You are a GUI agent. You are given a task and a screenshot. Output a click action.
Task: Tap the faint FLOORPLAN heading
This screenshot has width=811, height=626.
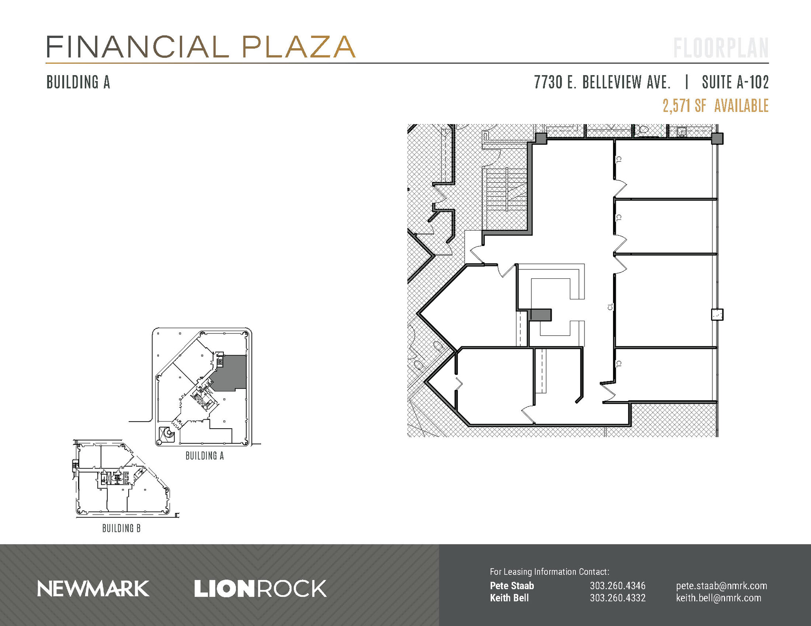[x=721, y=48]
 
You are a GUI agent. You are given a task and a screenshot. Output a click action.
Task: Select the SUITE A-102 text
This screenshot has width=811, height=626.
[x=735, y=82]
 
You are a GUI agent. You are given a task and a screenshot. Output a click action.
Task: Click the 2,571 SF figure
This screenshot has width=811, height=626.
[x=684, y=106]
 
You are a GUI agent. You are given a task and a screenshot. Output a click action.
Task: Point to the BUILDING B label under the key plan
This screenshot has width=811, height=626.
[x=121, y=528]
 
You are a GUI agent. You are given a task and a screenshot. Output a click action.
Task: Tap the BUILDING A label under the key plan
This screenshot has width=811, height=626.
[x=205, y=456]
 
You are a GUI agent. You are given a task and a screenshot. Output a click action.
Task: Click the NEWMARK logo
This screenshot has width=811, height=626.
[x=93, y=589]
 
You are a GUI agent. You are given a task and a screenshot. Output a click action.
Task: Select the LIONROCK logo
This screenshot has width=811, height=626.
[x=260, y=589]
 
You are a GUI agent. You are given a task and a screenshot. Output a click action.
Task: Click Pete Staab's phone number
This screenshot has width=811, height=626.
[x=617, y=586]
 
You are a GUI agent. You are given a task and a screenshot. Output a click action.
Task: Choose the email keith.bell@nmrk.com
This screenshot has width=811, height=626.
[x=718, y=598]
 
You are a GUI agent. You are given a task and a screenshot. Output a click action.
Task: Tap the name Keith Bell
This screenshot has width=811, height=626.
[x=509, y=598]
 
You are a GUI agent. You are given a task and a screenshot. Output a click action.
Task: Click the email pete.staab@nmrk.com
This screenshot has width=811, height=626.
[x=722, y=586]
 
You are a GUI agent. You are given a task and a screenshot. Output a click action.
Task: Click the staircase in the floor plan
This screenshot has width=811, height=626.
[x=506, y=190]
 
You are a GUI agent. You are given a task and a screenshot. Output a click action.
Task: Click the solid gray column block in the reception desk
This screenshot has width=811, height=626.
[x=541, y=315]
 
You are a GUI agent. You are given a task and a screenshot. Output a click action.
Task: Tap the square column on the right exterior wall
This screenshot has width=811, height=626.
[x=717, y=315]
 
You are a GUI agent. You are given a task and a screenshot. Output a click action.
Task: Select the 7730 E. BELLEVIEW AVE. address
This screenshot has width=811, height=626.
[x=602, y=82]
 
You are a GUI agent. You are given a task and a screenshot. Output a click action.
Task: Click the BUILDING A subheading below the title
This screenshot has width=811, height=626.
[x=78, y=82]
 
